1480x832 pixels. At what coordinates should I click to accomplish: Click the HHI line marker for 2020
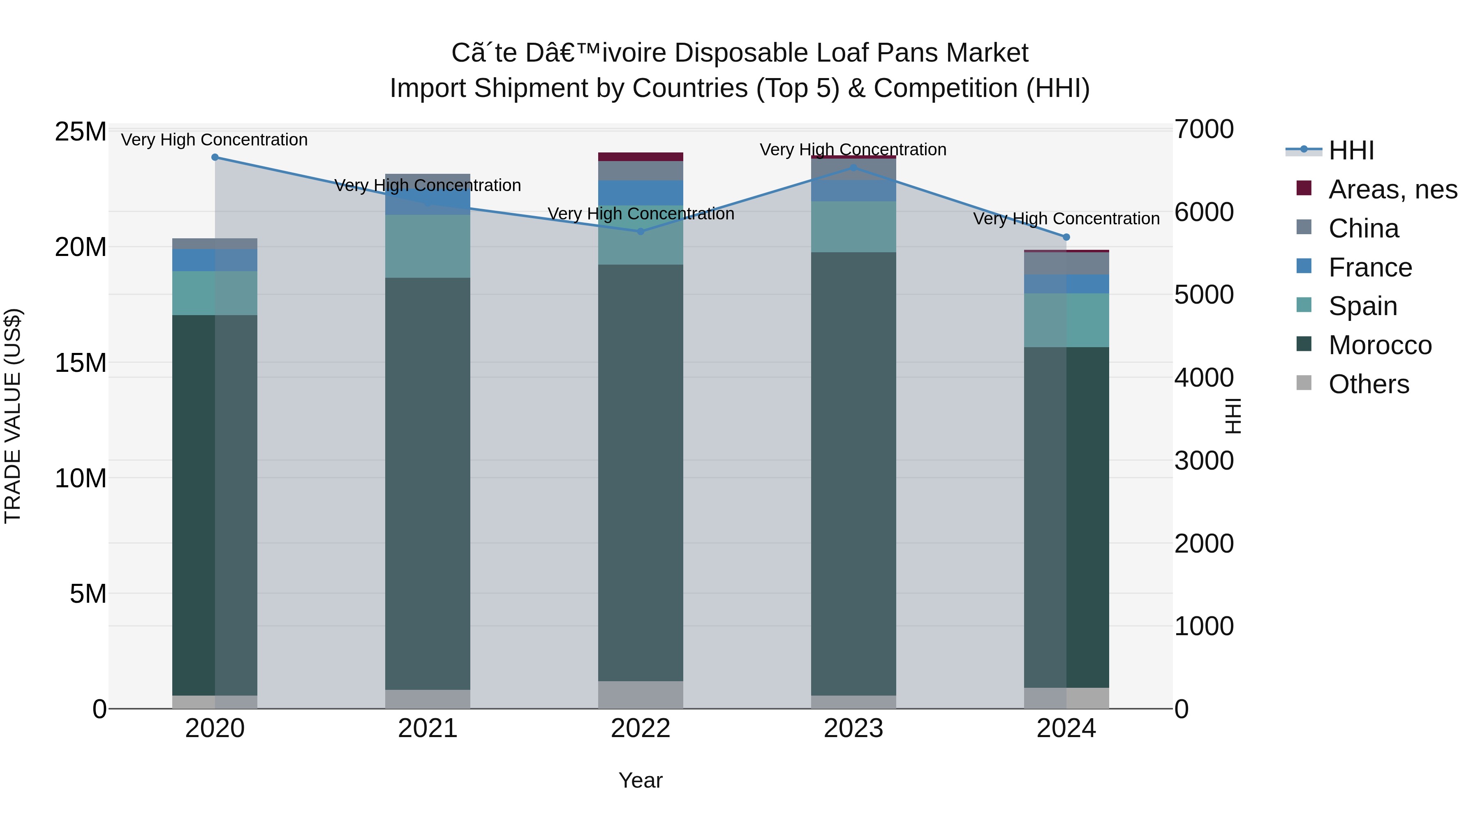coord(215,157)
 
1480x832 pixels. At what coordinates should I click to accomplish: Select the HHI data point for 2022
coord(641,231)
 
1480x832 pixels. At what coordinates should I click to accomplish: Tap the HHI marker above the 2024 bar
coord(1066,237)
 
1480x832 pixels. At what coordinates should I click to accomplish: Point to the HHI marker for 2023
coord(853,168)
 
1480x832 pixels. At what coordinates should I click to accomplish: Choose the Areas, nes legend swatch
coord(1304,188)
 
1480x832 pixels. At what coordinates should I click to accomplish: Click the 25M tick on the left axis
coord(81,132)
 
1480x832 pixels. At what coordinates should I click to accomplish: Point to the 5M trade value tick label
coord(88,594)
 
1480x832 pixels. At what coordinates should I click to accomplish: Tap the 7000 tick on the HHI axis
coord(1204,130)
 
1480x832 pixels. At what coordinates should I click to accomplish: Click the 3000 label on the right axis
coord(1204,461)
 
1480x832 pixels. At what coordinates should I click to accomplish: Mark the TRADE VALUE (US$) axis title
coord(13,416)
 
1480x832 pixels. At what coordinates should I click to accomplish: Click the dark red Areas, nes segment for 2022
coord(641,157)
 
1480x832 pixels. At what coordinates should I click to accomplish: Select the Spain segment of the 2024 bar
coord(1066,320)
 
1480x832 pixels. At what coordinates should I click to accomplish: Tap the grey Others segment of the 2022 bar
coord(641,695)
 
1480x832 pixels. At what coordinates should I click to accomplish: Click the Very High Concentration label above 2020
coord(214,140)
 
